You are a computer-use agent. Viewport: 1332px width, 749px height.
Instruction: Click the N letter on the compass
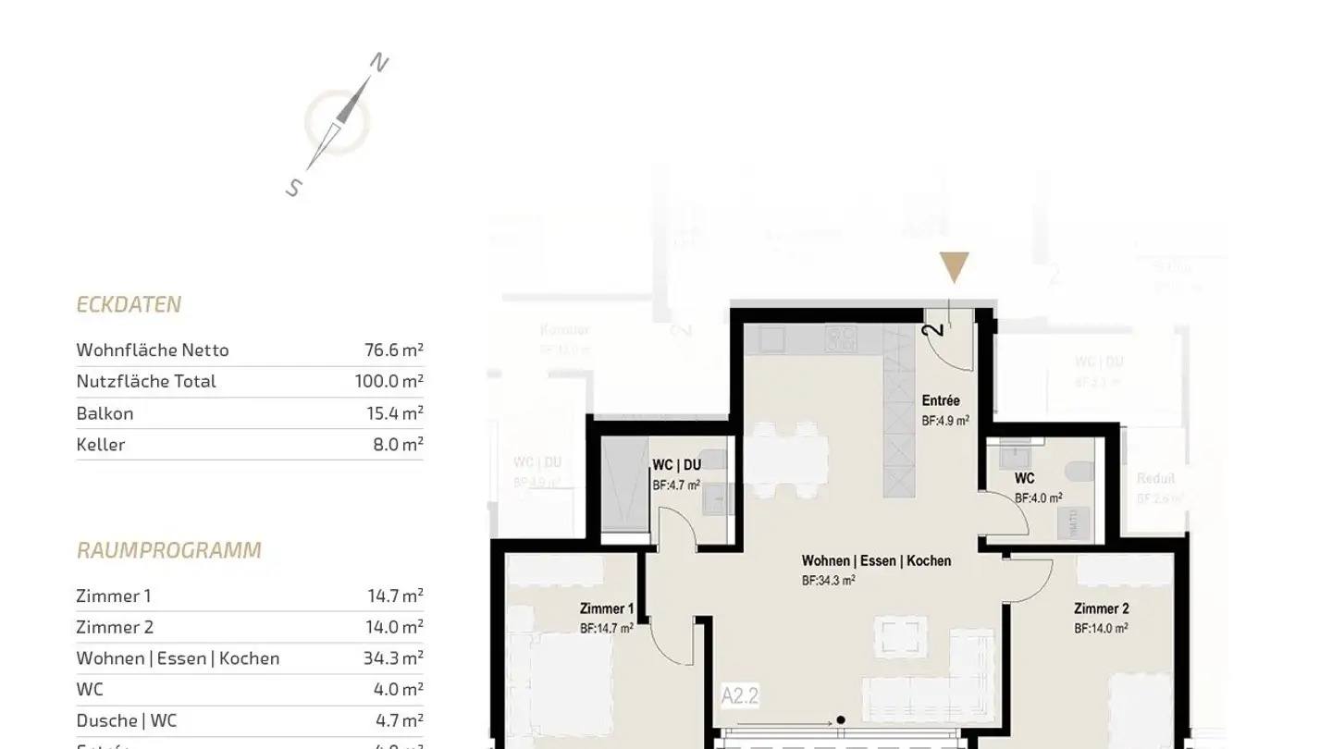pyautogui.click(x=379, y=63)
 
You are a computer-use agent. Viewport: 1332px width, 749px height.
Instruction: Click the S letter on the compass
pyautogui.click(x=294, y=188)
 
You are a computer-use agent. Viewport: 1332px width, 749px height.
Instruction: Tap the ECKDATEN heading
pyautogui.click(x=129, y=304)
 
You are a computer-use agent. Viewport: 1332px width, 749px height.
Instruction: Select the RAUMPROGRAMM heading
pyautogui.click(x=168, y=550)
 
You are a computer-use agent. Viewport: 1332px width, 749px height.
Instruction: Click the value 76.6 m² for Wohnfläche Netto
pyautogui.click(x=394, y=350)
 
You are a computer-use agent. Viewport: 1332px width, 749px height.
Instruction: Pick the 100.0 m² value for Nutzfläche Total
pyautogui.click(x=388, y=381)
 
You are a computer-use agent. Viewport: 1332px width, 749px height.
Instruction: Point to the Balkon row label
pyautogui.click(x=105, y=413)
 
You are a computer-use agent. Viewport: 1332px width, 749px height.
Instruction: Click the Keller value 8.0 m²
pyautogui.click(x=398, y=444)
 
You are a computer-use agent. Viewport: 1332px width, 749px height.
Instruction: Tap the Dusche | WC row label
pyautogui.click(x=126, y=720)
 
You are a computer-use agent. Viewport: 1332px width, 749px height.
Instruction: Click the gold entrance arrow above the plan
pyautogui.click(x=954, y=267)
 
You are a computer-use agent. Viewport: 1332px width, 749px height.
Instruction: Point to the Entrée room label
pyautogui.click(x=941, y=400)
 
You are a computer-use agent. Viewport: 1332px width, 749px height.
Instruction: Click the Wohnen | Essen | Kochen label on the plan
pyautogui.click(x=876, y=560)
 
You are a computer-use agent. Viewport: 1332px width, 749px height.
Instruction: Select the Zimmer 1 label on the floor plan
pyautogui.click(x=607, y=608)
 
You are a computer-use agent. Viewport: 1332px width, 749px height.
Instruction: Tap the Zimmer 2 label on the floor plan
pyautogui.click(x=1101, y=608)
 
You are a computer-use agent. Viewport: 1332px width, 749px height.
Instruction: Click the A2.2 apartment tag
pyautogui.click(x=740, y=695)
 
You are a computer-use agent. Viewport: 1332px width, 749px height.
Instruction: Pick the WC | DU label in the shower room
pyautogui.click(x=676, y=464)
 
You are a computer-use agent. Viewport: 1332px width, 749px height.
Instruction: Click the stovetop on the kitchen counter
pyautogui.click(x=841, y=339)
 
